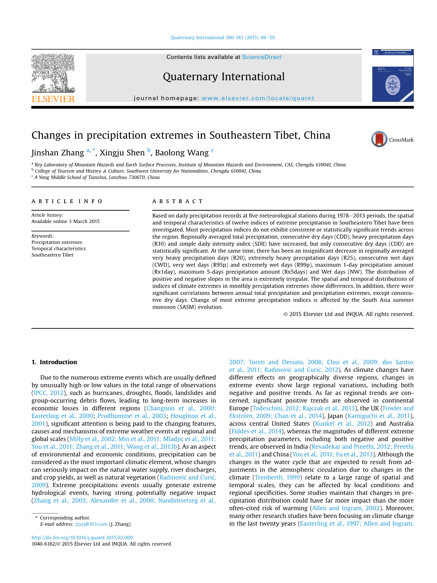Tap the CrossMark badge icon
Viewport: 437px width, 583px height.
click(379, 139)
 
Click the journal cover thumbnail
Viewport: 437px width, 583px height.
click(393, 76)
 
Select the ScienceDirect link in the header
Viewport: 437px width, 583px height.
click(261, 57)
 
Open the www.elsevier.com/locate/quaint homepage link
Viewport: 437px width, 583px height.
click(257, 98)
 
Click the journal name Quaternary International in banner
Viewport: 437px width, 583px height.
click(223, 77)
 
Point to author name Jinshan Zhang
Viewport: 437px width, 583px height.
click(58, 153)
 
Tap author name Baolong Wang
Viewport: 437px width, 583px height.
click(182, 153)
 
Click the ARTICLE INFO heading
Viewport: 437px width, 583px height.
click(67, 201)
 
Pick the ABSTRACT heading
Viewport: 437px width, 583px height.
click(178, 201)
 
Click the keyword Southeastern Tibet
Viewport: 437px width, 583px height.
click(52, 255)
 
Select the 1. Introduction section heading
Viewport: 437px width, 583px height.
click(54, 362)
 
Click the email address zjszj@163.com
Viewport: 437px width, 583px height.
click(91, 524)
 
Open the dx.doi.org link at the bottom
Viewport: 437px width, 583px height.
click(82, 538)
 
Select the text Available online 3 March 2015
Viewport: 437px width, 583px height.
click(66, 222)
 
